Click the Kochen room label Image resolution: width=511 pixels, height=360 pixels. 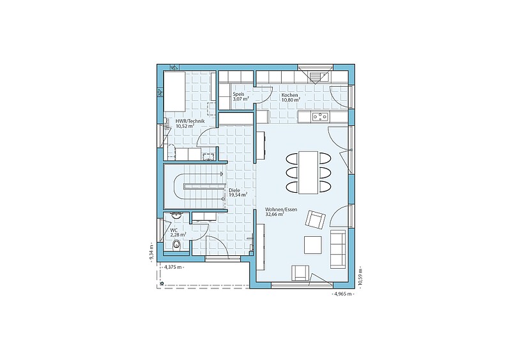pyautogui.click(x=290, y=95)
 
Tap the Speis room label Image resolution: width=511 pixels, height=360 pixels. pyautogui.click(x=238, y=94)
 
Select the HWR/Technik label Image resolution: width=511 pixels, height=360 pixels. pyautogui.click(x=190, y=121)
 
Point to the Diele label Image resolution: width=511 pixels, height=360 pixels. pyautogui.click(x=234, y=190)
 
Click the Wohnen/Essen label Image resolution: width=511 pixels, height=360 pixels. pyautogui.click(x=281, y=209)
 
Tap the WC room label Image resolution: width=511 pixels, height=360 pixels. pyautogui.click(x=174, y=230)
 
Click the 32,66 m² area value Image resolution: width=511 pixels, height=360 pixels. pyautogui.click(x=275, y=214)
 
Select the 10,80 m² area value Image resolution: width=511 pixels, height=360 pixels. pyautogui.click(x=291, y=100)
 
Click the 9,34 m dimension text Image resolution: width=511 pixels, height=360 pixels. pyautogui.click(x=151, y=252)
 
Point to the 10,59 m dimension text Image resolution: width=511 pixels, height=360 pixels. pyautogui.click(x=360, y=276)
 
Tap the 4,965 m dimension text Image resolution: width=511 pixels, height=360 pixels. pyautogui.click(x=342, y=294)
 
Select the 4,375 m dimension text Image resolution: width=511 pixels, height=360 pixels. pyautogui.click(x=174, y=267)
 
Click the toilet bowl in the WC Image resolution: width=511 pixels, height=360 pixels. pyautogui.click(x=176, y=245)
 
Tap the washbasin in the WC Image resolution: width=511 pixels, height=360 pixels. pyautogui.click(x=176, y=215)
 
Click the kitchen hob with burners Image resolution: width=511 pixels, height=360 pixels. pyautogui.click(x=320, y=116)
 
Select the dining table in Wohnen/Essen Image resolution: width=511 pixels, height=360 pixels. pyautogui.click(x=309, y=172)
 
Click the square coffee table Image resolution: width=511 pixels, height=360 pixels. pyautogui.click(x=313, y=245)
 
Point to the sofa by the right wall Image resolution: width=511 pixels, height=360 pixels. pyautogui.click(x=338, y=249)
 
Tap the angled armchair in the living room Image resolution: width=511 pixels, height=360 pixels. pyautogui.click(x=315, y=220)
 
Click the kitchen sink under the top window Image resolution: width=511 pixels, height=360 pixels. pyautogui.click(x=316, y=77)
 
